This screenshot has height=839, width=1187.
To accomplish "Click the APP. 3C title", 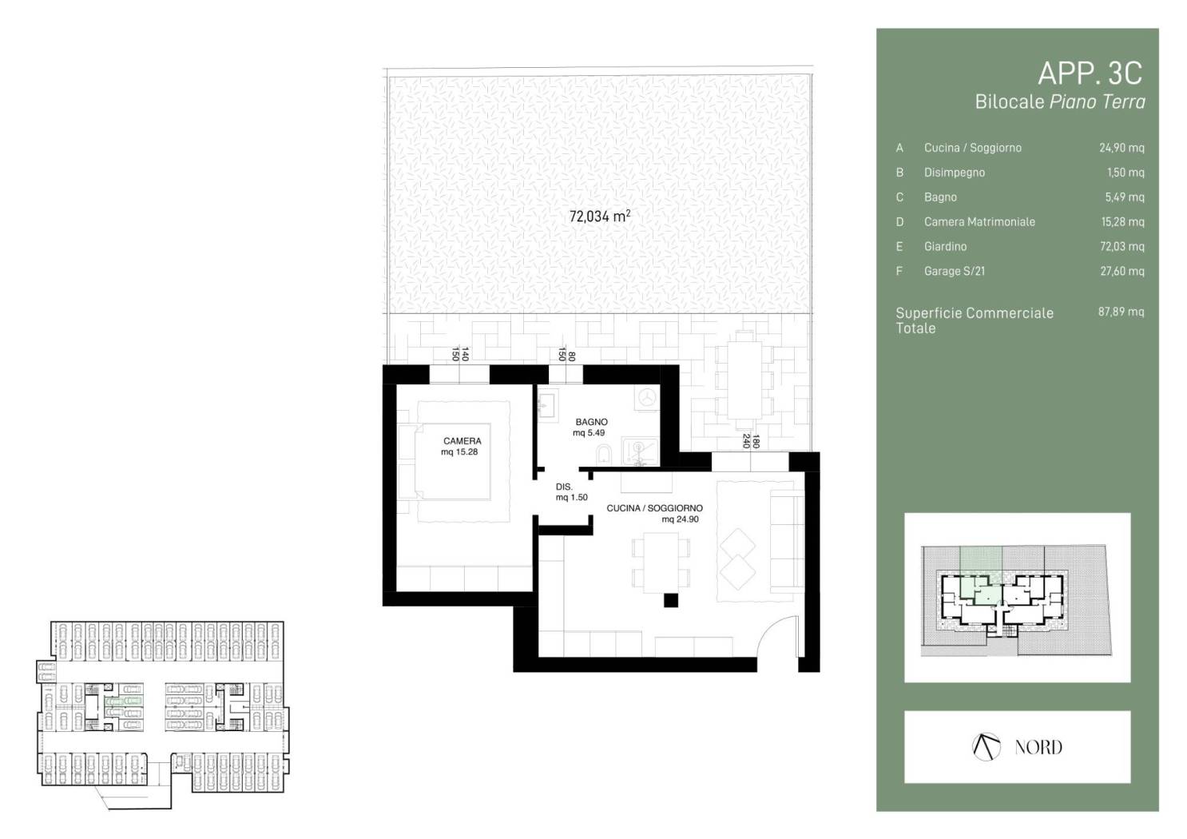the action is click(1090, 74).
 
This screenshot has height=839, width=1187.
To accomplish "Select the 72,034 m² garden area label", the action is click(600, 216).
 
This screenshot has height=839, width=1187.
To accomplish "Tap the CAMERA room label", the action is click(462, 441).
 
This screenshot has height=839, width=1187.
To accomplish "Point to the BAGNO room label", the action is click(591, 422).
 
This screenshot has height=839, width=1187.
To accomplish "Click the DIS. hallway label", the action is click(564, 487).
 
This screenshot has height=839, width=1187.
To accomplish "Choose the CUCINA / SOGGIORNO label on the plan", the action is click(654, 508).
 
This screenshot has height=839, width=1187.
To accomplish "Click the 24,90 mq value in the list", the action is click(1121, 148).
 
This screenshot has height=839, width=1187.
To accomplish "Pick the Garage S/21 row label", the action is click(955, 272).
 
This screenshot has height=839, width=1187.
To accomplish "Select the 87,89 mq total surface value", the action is click(1121, 312).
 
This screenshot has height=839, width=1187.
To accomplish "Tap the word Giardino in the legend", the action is click(945, 246).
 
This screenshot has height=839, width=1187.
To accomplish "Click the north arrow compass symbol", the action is click(987, 747).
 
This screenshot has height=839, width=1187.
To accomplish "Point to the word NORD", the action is click(1038, 747).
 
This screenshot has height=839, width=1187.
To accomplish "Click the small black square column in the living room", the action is click(671, 601).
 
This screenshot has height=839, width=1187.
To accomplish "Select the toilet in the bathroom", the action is click(604, 455).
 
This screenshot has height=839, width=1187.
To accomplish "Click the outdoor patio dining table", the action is click(744, 380).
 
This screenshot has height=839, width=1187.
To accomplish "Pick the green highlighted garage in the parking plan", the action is click(124, 702).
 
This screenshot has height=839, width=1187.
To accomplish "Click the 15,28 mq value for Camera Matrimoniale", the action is click(1123, 222).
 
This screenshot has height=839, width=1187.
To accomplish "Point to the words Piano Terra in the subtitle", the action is click(1098, 101).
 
